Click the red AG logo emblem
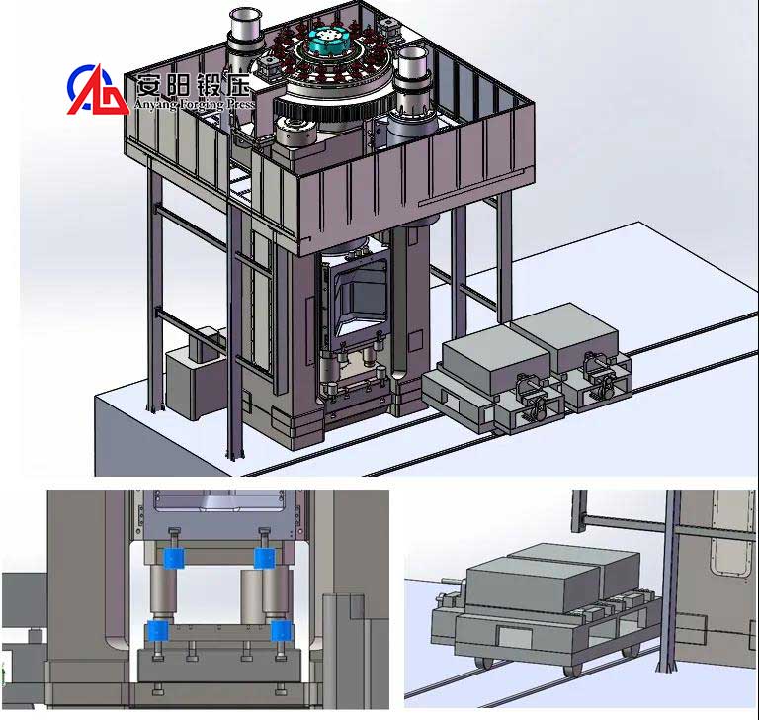[97, 89]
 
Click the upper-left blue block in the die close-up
[175, 559]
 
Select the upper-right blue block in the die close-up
[263, 558]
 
